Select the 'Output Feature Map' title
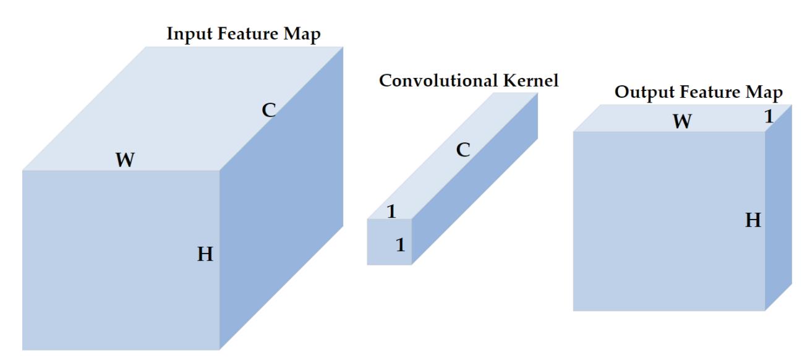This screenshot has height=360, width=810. [x=699, y=93]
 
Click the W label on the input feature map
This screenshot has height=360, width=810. [x=125, y=160]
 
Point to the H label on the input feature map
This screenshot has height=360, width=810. [x=205, y=254]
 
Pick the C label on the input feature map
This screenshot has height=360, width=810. [x=268, y=111]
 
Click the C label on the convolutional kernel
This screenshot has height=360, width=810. [x=463, y=149]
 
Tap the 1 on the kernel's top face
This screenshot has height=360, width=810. [x=391, y=212]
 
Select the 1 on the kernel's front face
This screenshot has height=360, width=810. [x=399, y=245]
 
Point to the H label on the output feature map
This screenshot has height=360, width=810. [x=752, y=220]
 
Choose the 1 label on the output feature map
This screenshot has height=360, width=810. [x=769, y=116]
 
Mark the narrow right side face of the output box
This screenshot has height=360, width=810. [x=778, y=210]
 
